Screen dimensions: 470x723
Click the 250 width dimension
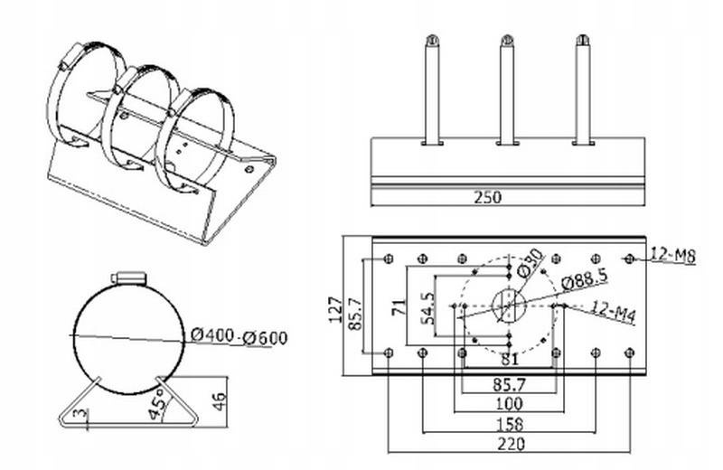(488, 196)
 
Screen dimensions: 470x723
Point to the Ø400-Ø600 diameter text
(239, 337)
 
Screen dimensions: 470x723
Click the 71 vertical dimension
(397, 307)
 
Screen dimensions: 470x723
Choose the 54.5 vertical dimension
(427, 308)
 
